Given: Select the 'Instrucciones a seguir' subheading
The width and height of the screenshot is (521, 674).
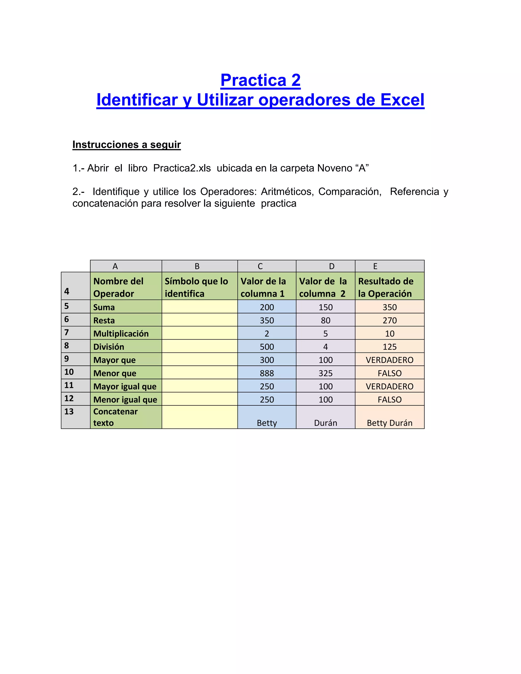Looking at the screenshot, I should [x=126, y=144].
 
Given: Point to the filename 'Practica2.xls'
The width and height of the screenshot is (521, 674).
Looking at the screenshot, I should [x=182, y=168].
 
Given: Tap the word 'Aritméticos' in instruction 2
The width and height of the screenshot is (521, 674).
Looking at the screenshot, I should [x=287, y=192].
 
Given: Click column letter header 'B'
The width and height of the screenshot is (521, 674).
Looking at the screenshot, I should [x=197, y=266].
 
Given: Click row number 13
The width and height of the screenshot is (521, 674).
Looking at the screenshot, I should [x=69, y=411].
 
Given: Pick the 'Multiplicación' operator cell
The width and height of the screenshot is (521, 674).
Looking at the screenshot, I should [x=121, y=334].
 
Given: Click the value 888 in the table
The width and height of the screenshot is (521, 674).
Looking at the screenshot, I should [x=267, y=373].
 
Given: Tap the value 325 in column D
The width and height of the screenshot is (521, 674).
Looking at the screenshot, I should [x=325, y=373].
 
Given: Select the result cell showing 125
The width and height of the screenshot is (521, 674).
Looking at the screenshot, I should [x=389, y=347].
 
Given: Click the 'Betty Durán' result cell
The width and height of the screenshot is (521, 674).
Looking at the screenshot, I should [x=389, y=423].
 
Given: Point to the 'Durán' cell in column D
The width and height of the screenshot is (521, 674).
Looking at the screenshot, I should [x=325, y=423].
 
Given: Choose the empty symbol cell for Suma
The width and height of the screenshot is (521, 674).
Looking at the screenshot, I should [x=199, y=307].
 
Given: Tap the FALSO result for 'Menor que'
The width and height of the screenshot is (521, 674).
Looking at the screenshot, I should [x=389, y=373].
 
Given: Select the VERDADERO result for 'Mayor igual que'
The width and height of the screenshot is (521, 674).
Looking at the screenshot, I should [x=389, y=386].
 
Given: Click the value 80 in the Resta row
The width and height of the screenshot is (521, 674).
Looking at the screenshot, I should [x=325, y=320].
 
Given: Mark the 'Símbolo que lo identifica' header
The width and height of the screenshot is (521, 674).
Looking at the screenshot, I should [x=197, y=287].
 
